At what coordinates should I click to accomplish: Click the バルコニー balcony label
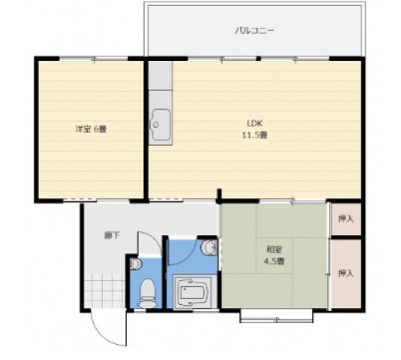coord(255,31)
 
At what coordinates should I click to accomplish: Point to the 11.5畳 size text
coord(255,135)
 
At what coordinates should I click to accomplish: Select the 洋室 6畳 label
coord(90,129)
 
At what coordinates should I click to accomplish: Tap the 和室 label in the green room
coord(274,250)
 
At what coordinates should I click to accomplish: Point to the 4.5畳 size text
coord(274,261)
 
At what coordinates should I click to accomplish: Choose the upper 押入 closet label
coord(345,219)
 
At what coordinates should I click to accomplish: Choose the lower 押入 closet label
coord(345,273)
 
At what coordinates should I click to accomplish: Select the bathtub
coord(194,292)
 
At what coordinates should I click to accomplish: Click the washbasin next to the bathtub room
coord(210,249)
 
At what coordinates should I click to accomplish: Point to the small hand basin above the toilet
coord(134,264)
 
